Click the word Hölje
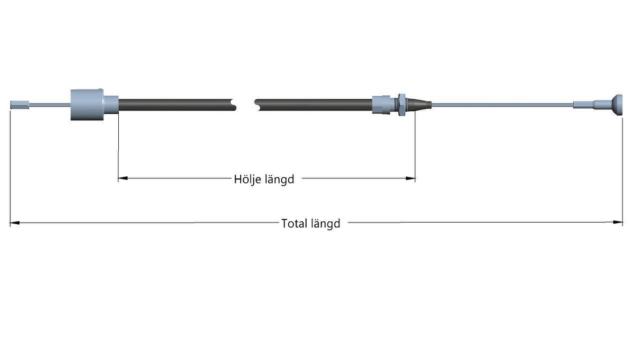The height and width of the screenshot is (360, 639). (x=246, y=179)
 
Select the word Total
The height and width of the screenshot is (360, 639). (x=294, y=223)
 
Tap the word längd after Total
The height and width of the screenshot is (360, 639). (x=325, y=224)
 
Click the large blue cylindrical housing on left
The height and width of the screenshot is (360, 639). (x=87, y=104)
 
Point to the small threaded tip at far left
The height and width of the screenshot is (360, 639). (x=20, y=105)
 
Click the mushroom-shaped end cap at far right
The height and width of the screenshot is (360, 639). (x=616, y=105)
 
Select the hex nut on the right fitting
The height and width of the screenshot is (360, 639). (x=401, y=104)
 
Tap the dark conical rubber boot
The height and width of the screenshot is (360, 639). (x=418, y=104)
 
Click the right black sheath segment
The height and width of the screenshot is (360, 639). (x=313, y=105)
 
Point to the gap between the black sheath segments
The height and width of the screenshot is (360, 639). (x=245, y=105)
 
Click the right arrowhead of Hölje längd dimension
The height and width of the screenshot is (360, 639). (x=410, y=178)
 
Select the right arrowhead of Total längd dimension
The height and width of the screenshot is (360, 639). (x=618, y=222)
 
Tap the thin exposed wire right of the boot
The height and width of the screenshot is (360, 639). (x=502, y=105)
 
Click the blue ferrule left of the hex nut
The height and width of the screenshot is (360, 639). (x=381, y=104)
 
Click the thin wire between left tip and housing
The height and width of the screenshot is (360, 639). (x=50, y=105)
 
